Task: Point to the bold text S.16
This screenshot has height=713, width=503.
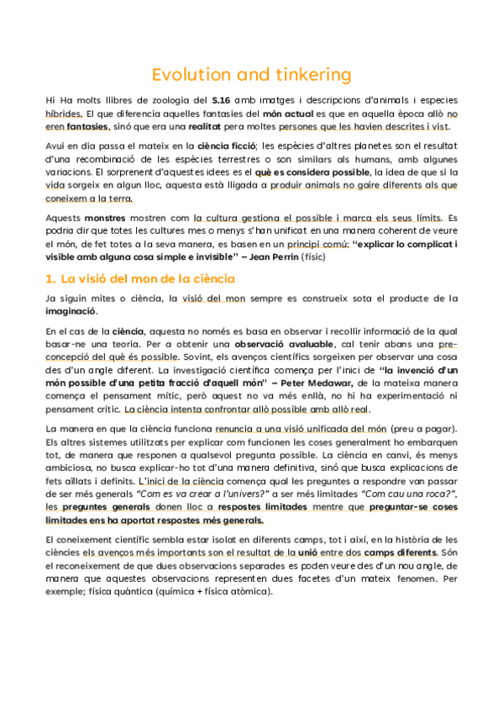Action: [x=222, y=101]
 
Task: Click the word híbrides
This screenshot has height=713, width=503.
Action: [x=64, y=114]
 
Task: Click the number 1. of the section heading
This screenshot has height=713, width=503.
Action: [x=50, y=278]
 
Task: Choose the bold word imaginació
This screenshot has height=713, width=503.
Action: [x=71, y=311]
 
